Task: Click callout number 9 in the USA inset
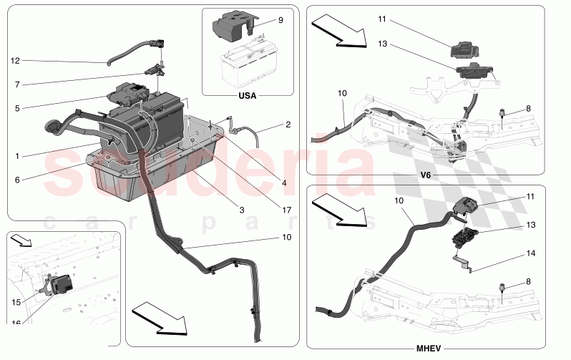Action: click(x=280, y=20)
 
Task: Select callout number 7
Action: click(x=15, y=84)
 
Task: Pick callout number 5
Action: click(x=15, y=109)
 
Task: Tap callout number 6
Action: click(x=15, y=180)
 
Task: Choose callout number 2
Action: click(x=288, y=125)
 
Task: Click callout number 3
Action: click(x=242, y=210)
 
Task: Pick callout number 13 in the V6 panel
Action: click(x=382, y=44)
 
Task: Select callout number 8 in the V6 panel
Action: click(x=528, y=109)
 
